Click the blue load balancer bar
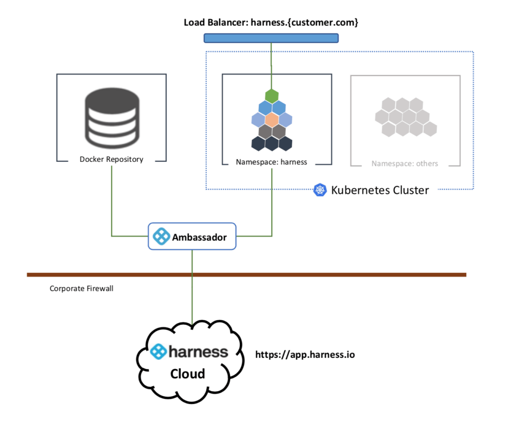tap(271, 38)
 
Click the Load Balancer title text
tap(271, 23)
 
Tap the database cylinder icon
tap(111, 118)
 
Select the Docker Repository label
tap(111, 159)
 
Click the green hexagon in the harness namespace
tap(272, 96)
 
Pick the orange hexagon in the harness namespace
tap(272, 120)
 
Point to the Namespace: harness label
tap(271, 162)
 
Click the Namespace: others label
tap(405, 163)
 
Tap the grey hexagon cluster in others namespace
tap(406, 116)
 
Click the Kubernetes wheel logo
tap(320, 190)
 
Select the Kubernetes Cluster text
tap(380, 190)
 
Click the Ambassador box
tap(192, 236)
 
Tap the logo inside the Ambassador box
tap(162, 237)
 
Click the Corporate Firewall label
tap(81, 289)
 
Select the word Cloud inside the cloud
tap(187, 374)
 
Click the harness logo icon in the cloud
tap(158, 352)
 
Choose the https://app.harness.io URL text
tap(305, 355)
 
